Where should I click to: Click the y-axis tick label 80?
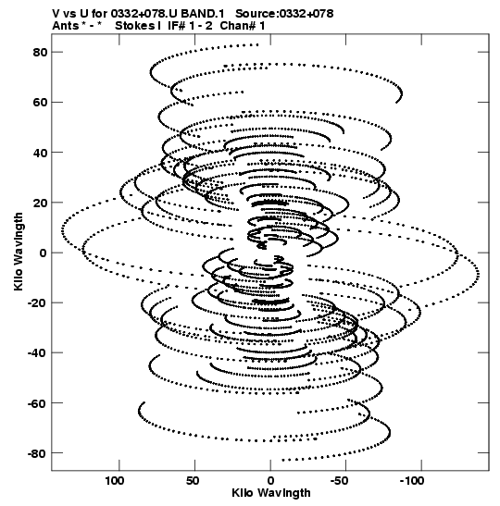tap(40, 52)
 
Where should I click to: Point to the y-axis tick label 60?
tap(40, 103)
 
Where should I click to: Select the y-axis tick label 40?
tap(40, 153)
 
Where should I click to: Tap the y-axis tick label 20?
tap(40, 203)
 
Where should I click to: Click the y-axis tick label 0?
tap(44, 253)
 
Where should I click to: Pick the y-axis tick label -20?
tap(38, 303)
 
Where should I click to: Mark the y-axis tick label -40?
tap(38, 353)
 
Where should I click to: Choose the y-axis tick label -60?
tap(38, 403)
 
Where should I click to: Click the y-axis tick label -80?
tap(38, 453)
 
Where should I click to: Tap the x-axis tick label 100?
tap(115, 481)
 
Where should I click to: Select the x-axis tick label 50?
tap(193, 481)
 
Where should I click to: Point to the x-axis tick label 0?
tap(270, 481)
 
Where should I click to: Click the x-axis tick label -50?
tap(339, 481)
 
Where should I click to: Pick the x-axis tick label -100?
tap(412, 481)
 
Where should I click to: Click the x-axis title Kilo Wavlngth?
tap(271, 493)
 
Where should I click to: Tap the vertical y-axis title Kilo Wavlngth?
tap(19, 252)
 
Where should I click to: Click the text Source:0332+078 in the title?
tap(284, 14)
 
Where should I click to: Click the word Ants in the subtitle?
tap(65, 26)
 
